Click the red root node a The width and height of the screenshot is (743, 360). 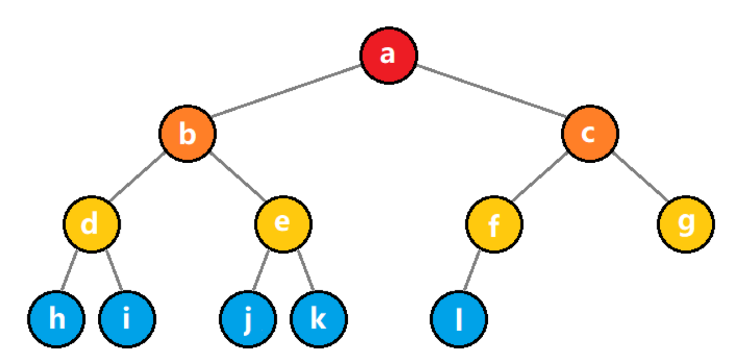(388, 56)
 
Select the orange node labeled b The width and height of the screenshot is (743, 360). (187, 134)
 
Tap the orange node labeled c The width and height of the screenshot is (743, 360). (590, 134)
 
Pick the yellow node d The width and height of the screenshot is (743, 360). (91, 224)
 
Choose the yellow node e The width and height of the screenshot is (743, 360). (283, 224)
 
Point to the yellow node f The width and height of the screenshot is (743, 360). (494, 224)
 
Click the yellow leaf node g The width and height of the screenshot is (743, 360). (686, 224)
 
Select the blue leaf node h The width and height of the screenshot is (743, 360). (56, 319)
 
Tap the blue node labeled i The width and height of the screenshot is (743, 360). (127, 319)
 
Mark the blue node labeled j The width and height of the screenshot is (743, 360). (248, 319)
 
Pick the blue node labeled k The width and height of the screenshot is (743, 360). (319, 319)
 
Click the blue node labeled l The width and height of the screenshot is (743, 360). (459, 319)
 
